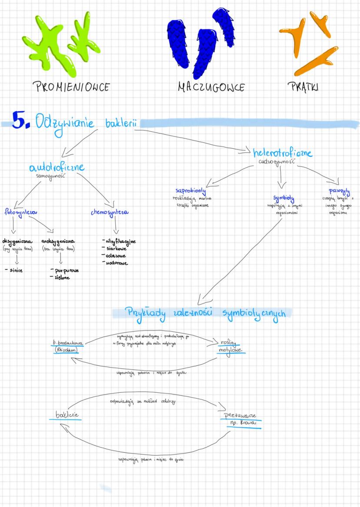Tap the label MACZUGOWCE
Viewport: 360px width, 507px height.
click(x=211, y=87)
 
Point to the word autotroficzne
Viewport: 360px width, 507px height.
click(x=57, y=167)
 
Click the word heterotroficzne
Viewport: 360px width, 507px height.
click(x=282, y=153)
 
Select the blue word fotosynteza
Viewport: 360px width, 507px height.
click(x=20, y=213)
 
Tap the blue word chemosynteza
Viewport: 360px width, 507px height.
click(x=109, y=213)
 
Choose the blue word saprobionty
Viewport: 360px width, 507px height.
click(x=190, y=191)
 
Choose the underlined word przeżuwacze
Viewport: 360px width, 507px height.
click(x=240, y=415)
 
